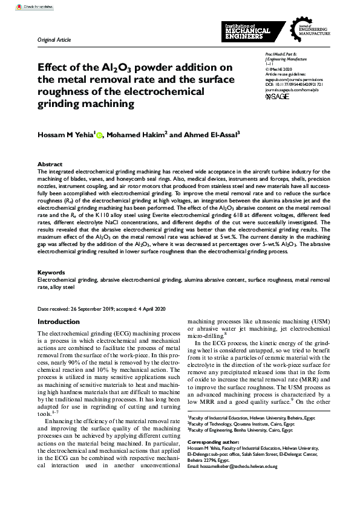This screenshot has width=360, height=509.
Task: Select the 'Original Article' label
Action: pos(54,40)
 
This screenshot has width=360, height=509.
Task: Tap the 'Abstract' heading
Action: pos(50,164)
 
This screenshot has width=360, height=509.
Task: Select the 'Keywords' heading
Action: pos(51,273)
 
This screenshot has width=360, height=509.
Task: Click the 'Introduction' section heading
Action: pos(59,322)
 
